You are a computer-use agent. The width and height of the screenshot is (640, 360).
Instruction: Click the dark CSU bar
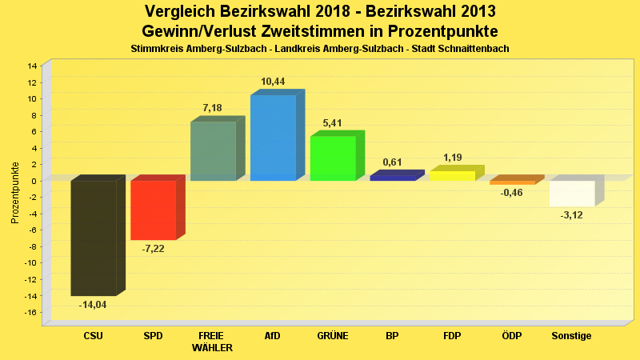(94, 238)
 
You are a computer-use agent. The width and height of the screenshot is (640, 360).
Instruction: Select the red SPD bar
(153, 210)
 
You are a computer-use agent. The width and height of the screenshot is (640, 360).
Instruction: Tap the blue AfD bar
(273, 138)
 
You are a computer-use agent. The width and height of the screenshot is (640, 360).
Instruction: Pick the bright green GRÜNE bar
(333, 158)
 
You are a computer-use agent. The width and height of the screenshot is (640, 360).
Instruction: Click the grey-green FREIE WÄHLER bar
(213, 151)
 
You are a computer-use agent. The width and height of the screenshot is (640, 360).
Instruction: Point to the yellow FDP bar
(452, 175)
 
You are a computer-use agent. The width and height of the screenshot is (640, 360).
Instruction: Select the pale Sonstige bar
(572, 194)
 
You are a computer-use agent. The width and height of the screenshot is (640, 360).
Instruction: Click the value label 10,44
(273, 82)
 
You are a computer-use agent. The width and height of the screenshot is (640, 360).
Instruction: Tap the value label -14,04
(93, 305)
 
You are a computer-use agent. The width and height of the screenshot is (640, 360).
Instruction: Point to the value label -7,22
(153, 249)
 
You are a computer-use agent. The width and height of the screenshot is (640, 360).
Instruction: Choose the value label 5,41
(333, 123)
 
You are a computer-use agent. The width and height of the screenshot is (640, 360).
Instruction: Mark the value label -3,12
(572, 215)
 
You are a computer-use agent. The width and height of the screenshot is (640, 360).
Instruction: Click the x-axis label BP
(392, 336)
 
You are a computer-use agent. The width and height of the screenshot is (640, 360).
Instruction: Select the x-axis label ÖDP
(512, 336)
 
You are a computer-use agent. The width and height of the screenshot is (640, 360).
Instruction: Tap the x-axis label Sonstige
(572, 336)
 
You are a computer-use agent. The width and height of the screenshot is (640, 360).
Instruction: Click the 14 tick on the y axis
(32, 66)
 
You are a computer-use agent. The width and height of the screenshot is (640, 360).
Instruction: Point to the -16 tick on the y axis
(30, 312)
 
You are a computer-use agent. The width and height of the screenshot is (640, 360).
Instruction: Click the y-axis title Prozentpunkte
(15, 192)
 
